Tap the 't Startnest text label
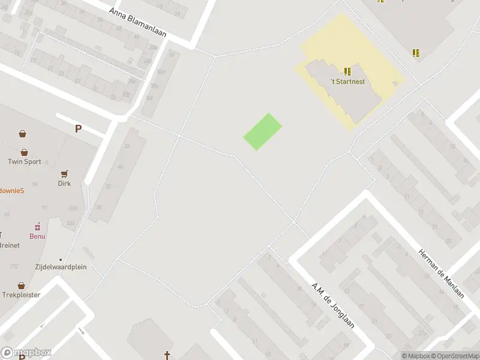348,82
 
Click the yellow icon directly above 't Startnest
347,71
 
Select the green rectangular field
263,132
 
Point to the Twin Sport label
25,161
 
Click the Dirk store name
64,184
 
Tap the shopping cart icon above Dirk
64,173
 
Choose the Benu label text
37,236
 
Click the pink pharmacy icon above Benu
37,226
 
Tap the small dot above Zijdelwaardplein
60,259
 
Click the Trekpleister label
22,295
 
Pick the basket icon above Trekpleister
22,285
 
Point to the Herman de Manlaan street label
442,274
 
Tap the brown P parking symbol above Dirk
78,128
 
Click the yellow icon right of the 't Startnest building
416,53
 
